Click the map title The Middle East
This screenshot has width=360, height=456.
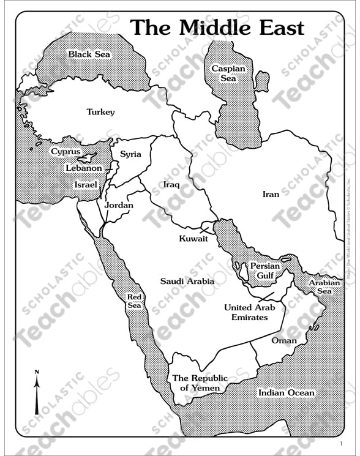[x=217, y=28]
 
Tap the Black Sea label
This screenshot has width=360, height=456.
[x=89, y=54]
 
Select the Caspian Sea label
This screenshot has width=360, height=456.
[x=228, y=73]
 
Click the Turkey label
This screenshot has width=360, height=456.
[x=100, y=112]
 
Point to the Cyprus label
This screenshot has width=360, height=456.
[x=66, y=151]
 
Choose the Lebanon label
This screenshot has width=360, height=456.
[x=84, y=168]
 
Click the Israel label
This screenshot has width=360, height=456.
[x=86, y=184]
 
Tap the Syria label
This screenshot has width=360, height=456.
[x=130, y=154]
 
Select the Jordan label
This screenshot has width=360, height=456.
[x=119, y=206]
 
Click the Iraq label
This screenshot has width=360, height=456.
[x=171, y=184]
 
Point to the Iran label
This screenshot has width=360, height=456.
[x=271, y=194]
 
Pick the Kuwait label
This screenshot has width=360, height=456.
[x=193, y=238]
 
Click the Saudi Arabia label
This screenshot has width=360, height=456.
[x=187, y=281]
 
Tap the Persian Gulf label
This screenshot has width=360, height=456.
[x=265, y=271]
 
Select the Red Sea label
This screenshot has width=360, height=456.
[x=134, y=302]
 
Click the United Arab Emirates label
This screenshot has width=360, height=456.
[x=249, y=312]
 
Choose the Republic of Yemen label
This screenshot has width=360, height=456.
[x=200, y=383]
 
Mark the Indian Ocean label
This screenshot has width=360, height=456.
[x=286, y=393]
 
